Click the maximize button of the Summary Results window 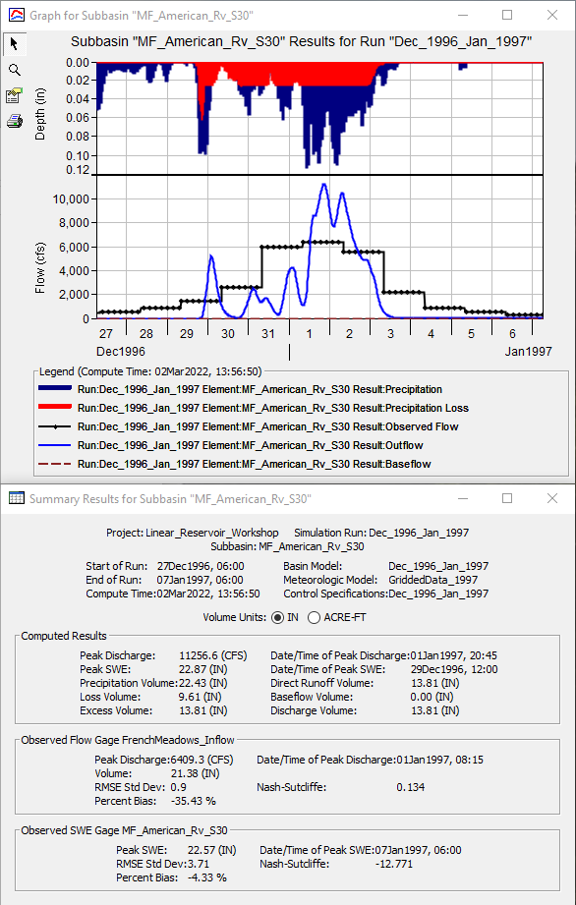[507, 498]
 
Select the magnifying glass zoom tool [15, 70]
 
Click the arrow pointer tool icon [15, 44]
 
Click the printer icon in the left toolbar [15, 121]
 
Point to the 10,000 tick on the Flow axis [70, 198]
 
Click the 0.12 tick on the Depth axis [76, 170]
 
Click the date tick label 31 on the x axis [268, 334]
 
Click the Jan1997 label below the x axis [528, 351]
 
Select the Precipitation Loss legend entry [259, 408]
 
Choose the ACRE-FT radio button [315, 617]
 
